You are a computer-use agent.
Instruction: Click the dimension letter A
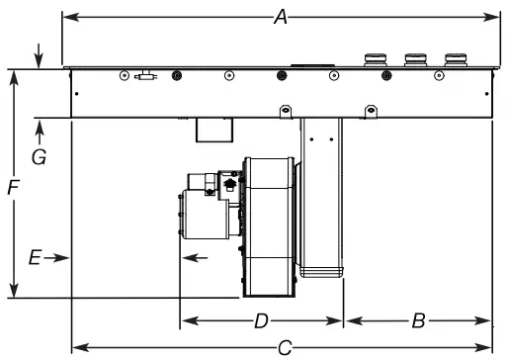point(281,17)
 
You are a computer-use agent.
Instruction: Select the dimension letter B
point(418,320)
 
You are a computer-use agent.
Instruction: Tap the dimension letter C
point(285,348)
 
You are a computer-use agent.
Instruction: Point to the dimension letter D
point(262,320)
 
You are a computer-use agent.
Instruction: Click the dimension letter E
point(35,257)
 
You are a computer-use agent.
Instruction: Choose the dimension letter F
point(13,188)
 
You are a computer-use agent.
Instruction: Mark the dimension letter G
point(39,157)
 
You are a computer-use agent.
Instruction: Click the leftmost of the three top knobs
point(376,59)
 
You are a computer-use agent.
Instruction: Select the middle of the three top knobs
point(415,59)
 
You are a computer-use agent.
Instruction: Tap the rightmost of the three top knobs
point(456,59)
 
